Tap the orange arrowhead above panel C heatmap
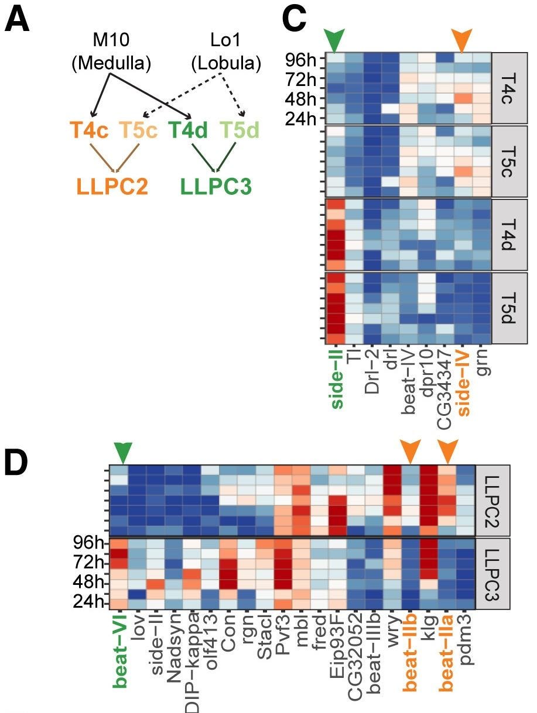click(463, 40)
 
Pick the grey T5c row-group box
click(511, 161)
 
